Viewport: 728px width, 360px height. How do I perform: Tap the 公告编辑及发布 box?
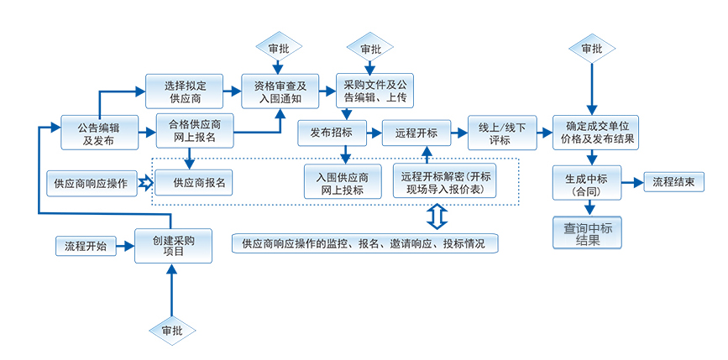(x=98, y=134)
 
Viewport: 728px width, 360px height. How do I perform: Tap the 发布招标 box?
(x=331, y=133)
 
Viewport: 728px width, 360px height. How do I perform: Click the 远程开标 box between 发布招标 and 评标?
(x=416, y=133)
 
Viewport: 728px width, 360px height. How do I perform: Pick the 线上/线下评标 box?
(x=501, y=133)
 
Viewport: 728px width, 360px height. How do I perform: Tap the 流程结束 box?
(x=673, y=182)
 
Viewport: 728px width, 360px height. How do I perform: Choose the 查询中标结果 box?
(x=588, y=232)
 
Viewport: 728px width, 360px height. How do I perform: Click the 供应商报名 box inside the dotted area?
(x=194, y=182)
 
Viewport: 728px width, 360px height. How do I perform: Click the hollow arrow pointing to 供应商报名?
(x=145, y=182)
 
